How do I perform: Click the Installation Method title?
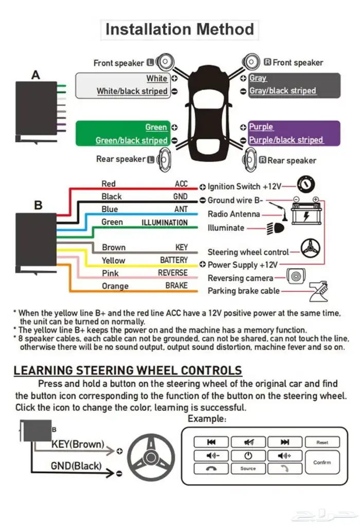click(179, 29)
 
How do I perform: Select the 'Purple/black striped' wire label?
click(286, 140)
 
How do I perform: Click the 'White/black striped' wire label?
click(132, 91)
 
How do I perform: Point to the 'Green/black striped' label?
click(132, 141)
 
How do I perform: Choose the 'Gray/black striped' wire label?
click(282, 91)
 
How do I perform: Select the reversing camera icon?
click(296, 277)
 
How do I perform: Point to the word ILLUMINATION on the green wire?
click(165, 222)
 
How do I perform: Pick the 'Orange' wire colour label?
click(115, 286)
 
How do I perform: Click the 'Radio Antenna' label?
click(233, 214)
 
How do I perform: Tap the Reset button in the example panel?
click(322, 442)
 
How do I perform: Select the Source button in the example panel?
click(248, 468)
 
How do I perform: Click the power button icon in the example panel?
click(248, 456)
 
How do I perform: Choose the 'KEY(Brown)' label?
click(78, 444)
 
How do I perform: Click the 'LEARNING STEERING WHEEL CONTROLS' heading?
click(128, 370)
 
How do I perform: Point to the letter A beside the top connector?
click(35, 75)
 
